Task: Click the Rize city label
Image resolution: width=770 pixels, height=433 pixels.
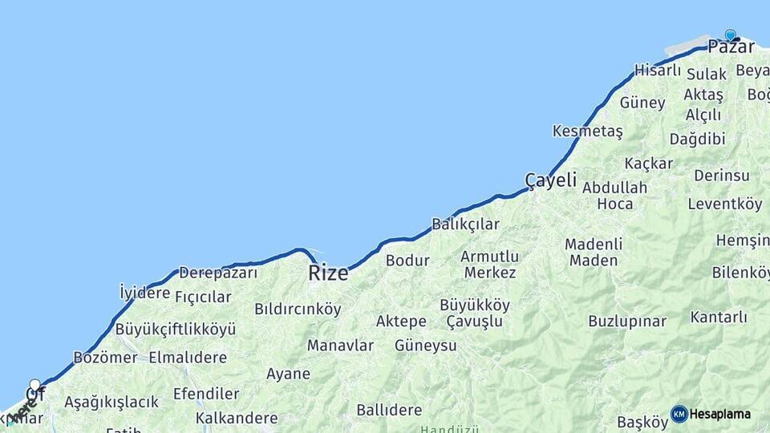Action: pyautogui.click(x=329, y=273)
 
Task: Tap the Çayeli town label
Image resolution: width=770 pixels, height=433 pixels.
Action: pyautogui.click(x=550, y=180)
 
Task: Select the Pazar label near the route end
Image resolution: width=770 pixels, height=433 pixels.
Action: pyautogui.click(x=731, y=47)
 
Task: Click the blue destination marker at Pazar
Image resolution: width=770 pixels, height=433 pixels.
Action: pyautogui.click(x=730, y=35)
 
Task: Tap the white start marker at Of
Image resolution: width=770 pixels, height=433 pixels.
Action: pyautogui.click(x=34, y=385)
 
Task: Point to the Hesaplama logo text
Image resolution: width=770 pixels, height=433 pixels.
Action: pyautogui.click(x=720, y=414)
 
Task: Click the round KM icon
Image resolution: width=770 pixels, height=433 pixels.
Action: pyautogui.click(x=679, y=414)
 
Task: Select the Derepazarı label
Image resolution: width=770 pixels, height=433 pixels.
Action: pyautogui.click(x=218, y=273)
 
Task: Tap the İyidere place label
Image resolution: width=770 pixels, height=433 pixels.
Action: pyautogui.click(x=144, y=292)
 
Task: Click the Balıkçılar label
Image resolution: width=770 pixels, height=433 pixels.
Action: pyautogui.click(x=465, y=225)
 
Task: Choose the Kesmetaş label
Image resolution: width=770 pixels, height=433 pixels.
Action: pyautogui.click(x=588, y=131)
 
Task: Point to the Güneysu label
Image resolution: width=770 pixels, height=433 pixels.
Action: pyautogui.click(x=425, y=346)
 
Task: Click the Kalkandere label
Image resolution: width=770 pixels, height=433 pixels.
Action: pyautogui.click(x=237, y=418)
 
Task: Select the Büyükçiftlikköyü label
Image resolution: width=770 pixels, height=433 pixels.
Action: pyautogui.click(x=176, y=329)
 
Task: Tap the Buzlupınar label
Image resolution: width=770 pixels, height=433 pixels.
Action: pyautogui.click(x=627, y=321)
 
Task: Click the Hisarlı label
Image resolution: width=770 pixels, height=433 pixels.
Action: pyautogui.click(x=658, y=71)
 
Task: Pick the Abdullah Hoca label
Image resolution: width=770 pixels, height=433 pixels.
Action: pyautogui.click(x=615, y=196)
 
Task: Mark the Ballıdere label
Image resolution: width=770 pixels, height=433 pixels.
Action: pyautogui.click(x=389, y=410)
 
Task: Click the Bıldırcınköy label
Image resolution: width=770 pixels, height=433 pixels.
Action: pyautogui.click(x=298, y=309)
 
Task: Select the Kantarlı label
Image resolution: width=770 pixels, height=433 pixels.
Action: pyautogui.click(x=719, y=318)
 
